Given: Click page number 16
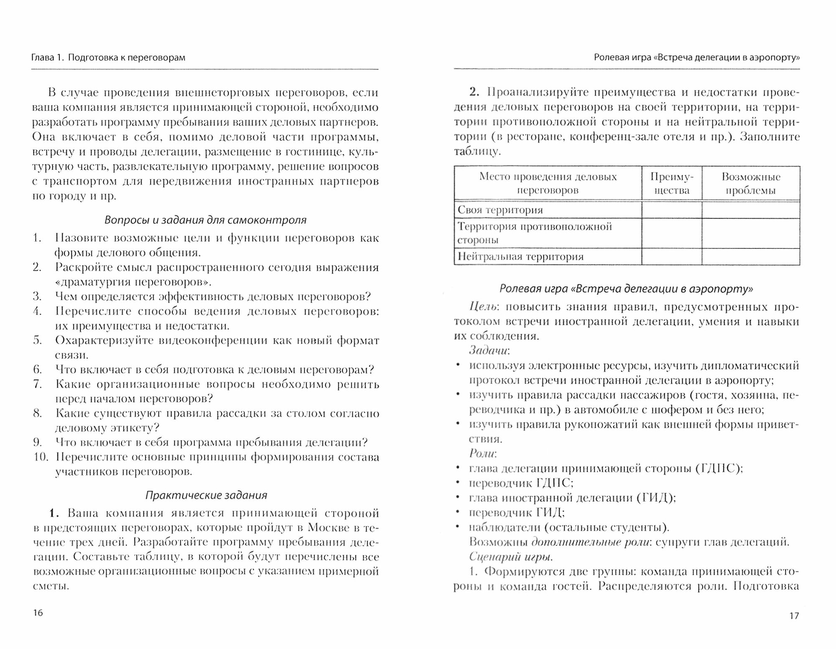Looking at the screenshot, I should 38,613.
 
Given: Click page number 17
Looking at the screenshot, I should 794,616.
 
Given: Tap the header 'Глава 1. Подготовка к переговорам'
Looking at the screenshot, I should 108,58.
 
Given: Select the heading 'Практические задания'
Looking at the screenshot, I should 206,496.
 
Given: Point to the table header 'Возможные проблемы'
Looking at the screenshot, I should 751,184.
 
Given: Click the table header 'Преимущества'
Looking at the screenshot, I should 671,184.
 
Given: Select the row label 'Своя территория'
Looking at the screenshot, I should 500,210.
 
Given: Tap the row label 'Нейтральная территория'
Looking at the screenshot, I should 520,256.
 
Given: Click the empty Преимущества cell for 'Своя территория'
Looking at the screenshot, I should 671,210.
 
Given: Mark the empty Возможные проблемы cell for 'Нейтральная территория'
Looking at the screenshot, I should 751,256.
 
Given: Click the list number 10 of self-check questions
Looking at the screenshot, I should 41,457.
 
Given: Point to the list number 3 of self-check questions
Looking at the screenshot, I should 37,296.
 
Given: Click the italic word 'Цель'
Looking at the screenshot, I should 483,307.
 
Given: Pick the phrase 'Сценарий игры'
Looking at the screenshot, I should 510,557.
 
